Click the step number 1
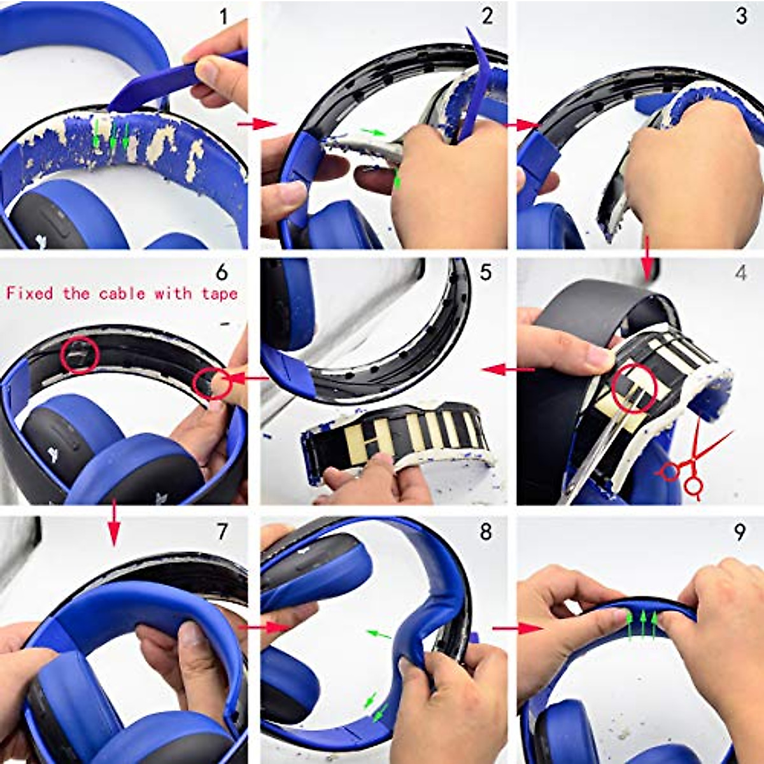(222, 17)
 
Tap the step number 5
(486, 272)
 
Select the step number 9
(739, 532)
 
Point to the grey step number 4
(740, 273)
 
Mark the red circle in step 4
(635, 388)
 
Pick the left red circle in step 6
(80, 355)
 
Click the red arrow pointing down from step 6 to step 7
(114, 523)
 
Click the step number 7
(222, 532)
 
